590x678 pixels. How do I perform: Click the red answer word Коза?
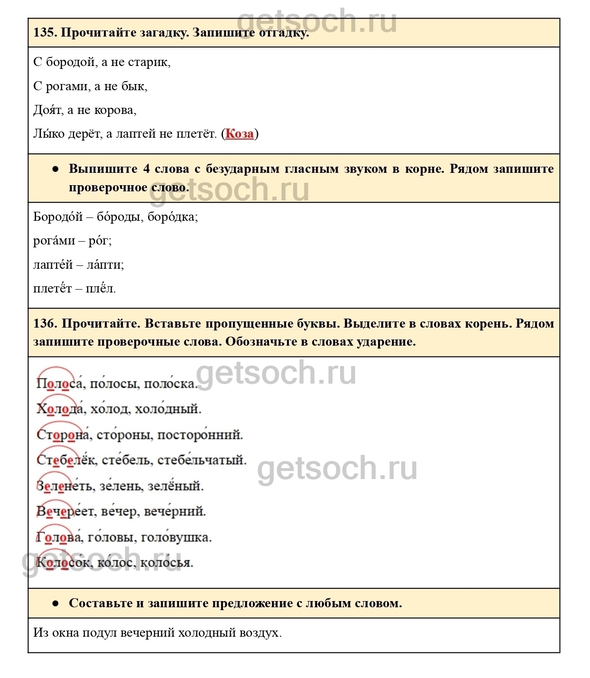tap(240, 134)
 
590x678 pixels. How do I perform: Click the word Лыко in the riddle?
tap(49, 134)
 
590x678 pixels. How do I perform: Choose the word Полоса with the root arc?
tap(60, 384)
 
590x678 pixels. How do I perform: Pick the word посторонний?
tap(200, 435)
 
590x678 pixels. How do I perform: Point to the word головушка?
tap(175, 537)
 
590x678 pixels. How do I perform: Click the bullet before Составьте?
tap(55, 603)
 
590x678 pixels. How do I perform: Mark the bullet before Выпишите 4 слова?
tap(55, 169)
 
